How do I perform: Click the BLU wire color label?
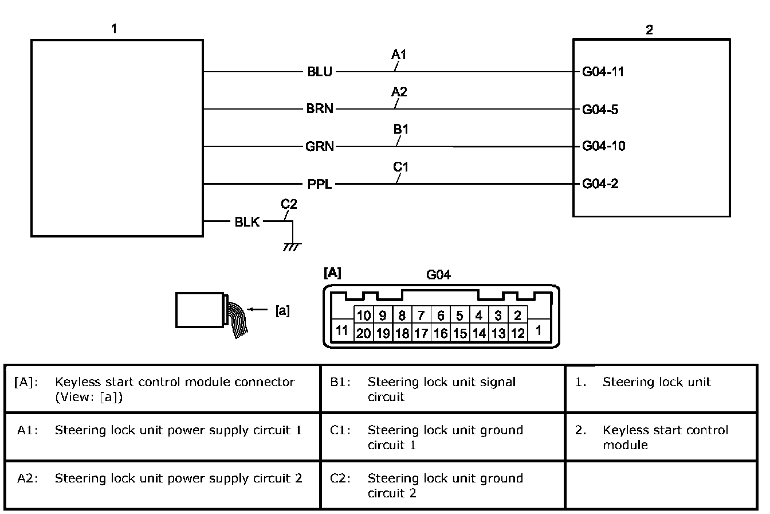[x=319, y=72]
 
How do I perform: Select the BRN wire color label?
[x=319, y=109]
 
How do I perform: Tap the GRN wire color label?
[x=320, y=146]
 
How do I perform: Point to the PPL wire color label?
[x=319, y=184]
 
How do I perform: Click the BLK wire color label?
[x=247, y=222]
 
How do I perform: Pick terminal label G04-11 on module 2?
[x=603, y=72]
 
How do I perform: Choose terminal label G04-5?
[x=600, y=109]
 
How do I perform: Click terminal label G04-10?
[x=603, y=146]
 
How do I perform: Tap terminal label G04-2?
[x=600, y=184]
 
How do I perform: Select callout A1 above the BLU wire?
[x=399, y=55]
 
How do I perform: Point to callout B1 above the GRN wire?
[x=400, y=129]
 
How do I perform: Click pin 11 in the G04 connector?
[x=342, y=331]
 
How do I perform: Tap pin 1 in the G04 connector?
[x=539, y=331]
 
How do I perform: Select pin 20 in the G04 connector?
[x=364, y=333]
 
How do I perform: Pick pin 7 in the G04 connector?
[x=421, y=316]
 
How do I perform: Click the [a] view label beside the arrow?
[x=282, y=311]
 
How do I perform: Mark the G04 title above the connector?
[x=438, y=275]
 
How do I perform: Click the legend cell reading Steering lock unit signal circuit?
[x=442, y=389]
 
